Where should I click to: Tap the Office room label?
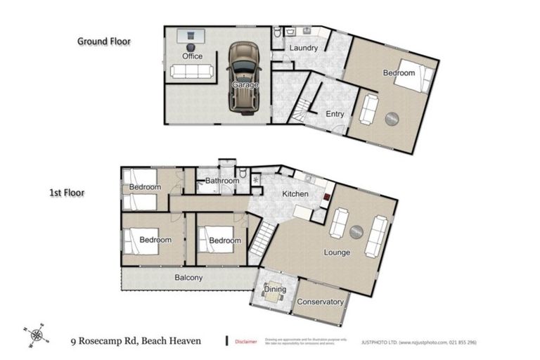click(192, 56)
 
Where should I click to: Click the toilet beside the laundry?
click(278, 32)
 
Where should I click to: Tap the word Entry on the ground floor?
click(335, 115)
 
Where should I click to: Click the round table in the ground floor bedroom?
click(392, 119)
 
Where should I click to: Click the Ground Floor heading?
click(103, 41)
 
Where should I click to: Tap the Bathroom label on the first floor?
click(222, 181)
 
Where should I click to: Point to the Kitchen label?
click(296, 193)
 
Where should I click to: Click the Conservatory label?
click(321, 302)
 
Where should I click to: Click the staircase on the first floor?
click(262, 239)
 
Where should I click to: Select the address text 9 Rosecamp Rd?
click(105, 341)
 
